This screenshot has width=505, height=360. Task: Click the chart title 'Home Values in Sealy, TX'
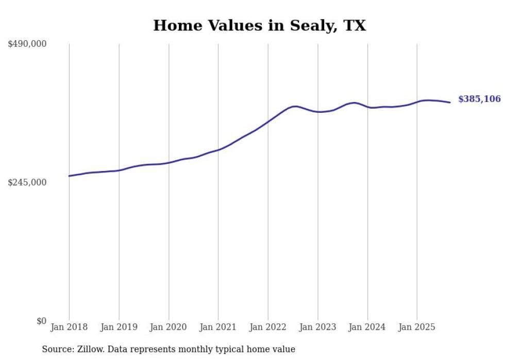259,25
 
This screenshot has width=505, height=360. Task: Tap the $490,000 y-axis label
27,44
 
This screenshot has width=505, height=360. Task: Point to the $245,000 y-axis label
27,182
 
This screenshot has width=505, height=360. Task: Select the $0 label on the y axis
41,321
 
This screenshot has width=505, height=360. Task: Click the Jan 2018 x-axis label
69,327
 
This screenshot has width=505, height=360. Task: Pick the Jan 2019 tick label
119,327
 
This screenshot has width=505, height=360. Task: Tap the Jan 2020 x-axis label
169,327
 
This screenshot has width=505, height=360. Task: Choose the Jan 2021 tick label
218,327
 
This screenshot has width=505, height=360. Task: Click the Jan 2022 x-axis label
268,327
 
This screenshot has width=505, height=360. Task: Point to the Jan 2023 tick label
318,327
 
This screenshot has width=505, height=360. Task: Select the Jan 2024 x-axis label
367,327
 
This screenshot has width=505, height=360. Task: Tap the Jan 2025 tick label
417,327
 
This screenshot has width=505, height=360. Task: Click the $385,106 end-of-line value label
479,99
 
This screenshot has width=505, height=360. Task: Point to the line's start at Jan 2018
69,176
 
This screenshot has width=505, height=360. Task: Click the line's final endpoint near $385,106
450,102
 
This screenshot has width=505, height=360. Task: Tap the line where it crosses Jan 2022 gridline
268,122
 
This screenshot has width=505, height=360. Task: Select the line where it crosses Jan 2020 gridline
169,163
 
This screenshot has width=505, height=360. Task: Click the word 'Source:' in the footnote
57,349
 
